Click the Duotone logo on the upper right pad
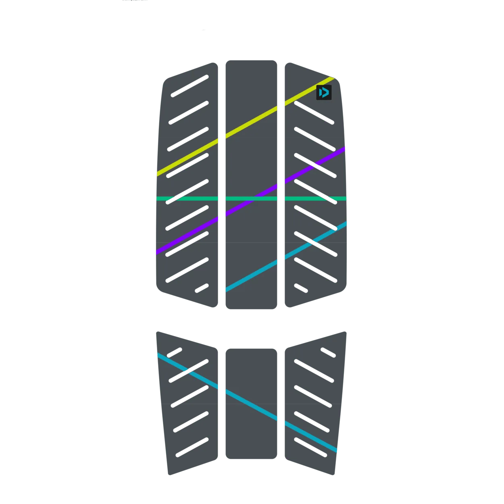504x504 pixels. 324,92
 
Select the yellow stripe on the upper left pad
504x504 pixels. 187,158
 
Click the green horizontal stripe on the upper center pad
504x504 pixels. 242,198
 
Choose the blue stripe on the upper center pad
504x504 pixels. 251,276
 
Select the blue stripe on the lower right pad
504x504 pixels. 310,437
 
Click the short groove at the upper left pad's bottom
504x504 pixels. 202,288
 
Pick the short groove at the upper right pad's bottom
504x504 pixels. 301,288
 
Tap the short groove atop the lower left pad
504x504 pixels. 175,353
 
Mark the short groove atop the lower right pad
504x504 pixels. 328,352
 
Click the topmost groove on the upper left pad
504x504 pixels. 190,86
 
